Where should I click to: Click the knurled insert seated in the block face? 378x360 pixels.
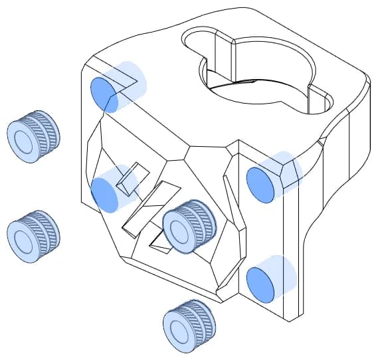(x=189, y=226)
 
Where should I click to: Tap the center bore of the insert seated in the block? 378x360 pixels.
(x=180, y=229)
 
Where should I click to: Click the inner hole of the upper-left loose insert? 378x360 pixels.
(x=25, y=141)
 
